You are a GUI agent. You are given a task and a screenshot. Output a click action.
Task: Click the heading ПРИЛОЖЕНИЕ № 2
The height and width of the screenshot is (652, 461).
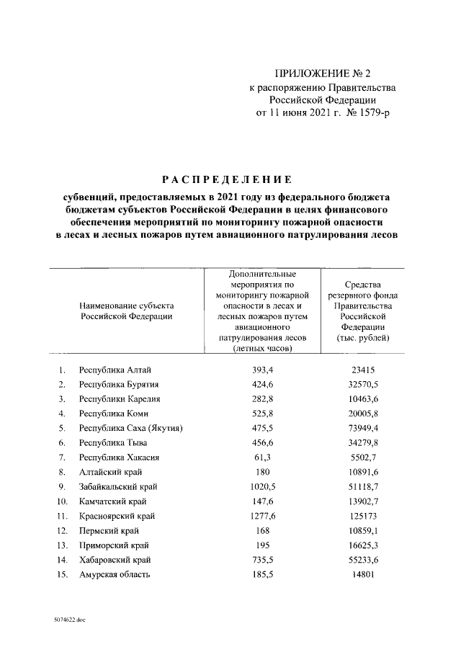[322, 74]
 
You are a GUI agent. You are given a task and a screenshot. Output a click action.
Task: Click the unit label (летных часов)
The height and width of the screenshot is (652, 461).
[261, 348]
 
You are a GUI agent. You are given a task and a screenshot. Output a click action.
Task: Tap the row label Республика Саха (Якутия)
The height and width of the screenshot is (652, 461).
[130, 428]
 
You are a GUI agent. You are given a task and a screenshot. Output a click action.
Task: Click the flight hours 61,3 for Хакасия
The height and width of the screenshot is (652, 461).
[261, 457]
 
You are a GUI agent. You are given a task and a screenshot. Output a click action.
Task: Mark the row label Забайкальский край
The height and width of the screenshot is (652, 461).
[118, 487]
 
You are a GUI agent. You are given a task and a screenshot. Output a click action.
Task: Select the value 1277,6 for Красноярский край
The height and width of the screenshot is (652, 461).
[261, 516]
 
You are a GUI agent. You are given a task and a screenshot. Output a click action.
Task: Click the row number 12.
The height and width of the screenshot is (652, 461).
[63, 530]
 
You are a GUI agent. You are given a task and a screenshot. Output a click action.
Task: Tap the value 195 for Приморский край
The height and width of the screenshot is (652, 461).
[261, 545]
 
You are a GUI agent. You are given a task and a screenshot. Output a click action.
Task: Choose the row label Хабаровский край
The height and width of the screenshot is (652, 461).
[115, 560]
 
